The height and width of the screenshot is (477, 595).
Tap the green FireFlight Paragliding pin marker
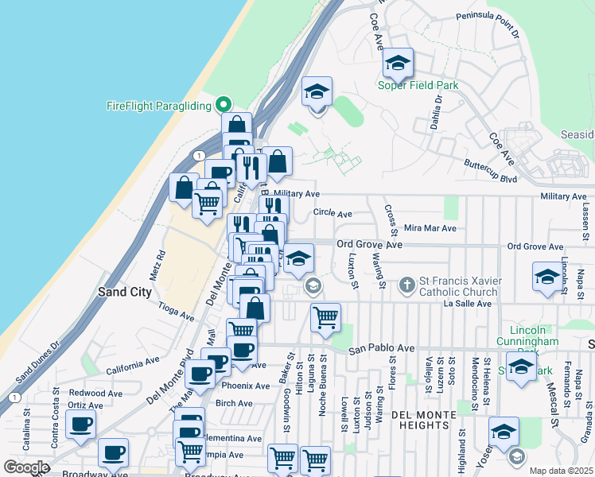(224, 105)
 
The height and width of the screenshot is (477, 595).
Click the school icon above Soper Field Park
(398, 63)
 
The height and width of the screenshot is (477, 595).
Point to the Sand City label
(125, 292)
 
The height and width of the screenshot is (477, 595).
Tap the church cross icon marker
(406, 284)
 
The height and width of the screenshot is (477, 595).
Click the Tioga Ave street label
(177, 311)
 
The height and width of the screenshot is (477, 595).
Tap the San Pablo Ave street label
(382, 348)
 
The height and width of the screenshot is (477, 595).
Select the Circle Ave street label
(332, 213)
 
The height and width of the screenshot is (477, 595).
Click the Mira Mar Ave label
(430, 228)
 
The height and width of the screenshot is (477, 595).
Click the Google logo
(26, 467)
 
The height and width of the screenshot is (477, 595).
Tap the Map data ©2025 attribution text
(562, 471)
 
